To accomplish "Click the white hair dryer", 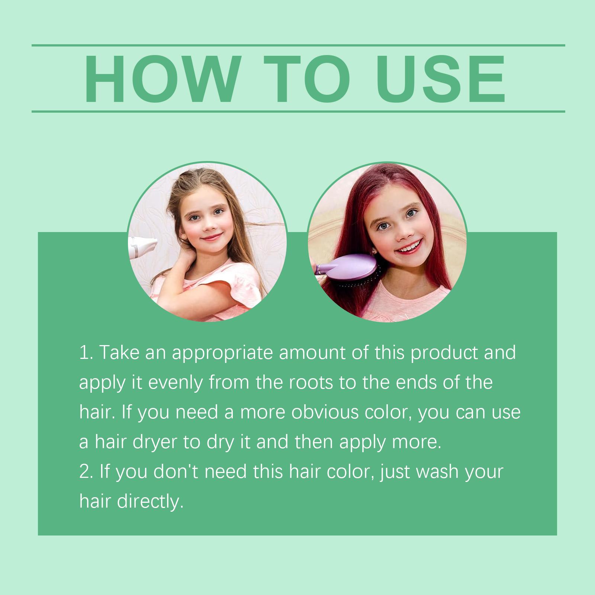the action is [143, 247].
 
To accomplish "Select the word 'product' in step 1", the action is [444, 354].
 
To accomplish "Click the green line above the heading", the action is [298, 45].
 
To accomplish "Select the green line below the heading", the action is [298, 111].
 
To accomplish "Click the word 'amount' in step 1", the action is [312, 354].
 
